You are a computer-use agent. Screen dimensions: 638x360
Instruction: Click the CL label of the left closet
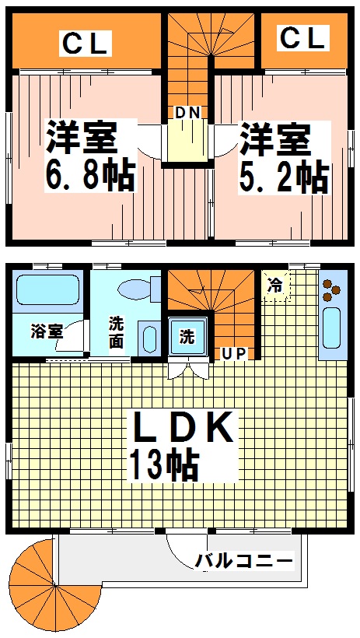85,44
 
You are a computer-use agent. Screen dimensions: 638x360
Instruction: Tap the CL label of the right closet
302,37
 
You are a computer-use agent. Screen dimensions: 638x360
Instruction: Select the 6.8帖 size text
90,176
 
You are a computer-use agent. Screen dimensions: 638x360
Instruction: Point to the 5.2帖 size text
282,177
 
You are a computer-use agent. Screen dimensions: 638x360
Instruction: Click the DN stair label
187,113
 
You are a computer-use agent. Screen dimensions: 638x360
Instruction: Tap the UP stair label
234,354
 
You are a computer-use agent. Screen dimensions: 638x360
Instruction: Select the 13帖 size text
163,465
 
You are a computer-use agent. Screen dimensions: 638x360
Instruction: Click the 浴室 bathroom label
45,331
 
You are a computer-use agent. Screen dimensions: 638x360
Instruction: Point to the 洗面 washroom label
116,332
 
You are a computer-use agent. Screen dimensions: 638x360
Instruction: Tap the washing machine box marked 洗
187,337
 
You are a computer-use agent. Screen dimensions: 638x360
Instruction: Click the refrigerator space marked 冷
275,286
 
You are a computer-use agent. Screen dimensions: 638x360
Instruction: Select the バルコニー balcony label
243,561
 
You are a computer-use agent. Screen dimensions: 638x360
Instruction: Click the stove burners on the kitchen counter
332,289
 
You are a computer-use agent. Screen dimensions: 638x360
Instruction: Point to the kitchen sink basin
331,328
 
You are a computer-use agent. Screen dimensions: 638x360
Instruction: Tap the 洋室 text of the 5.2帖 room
274,140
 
